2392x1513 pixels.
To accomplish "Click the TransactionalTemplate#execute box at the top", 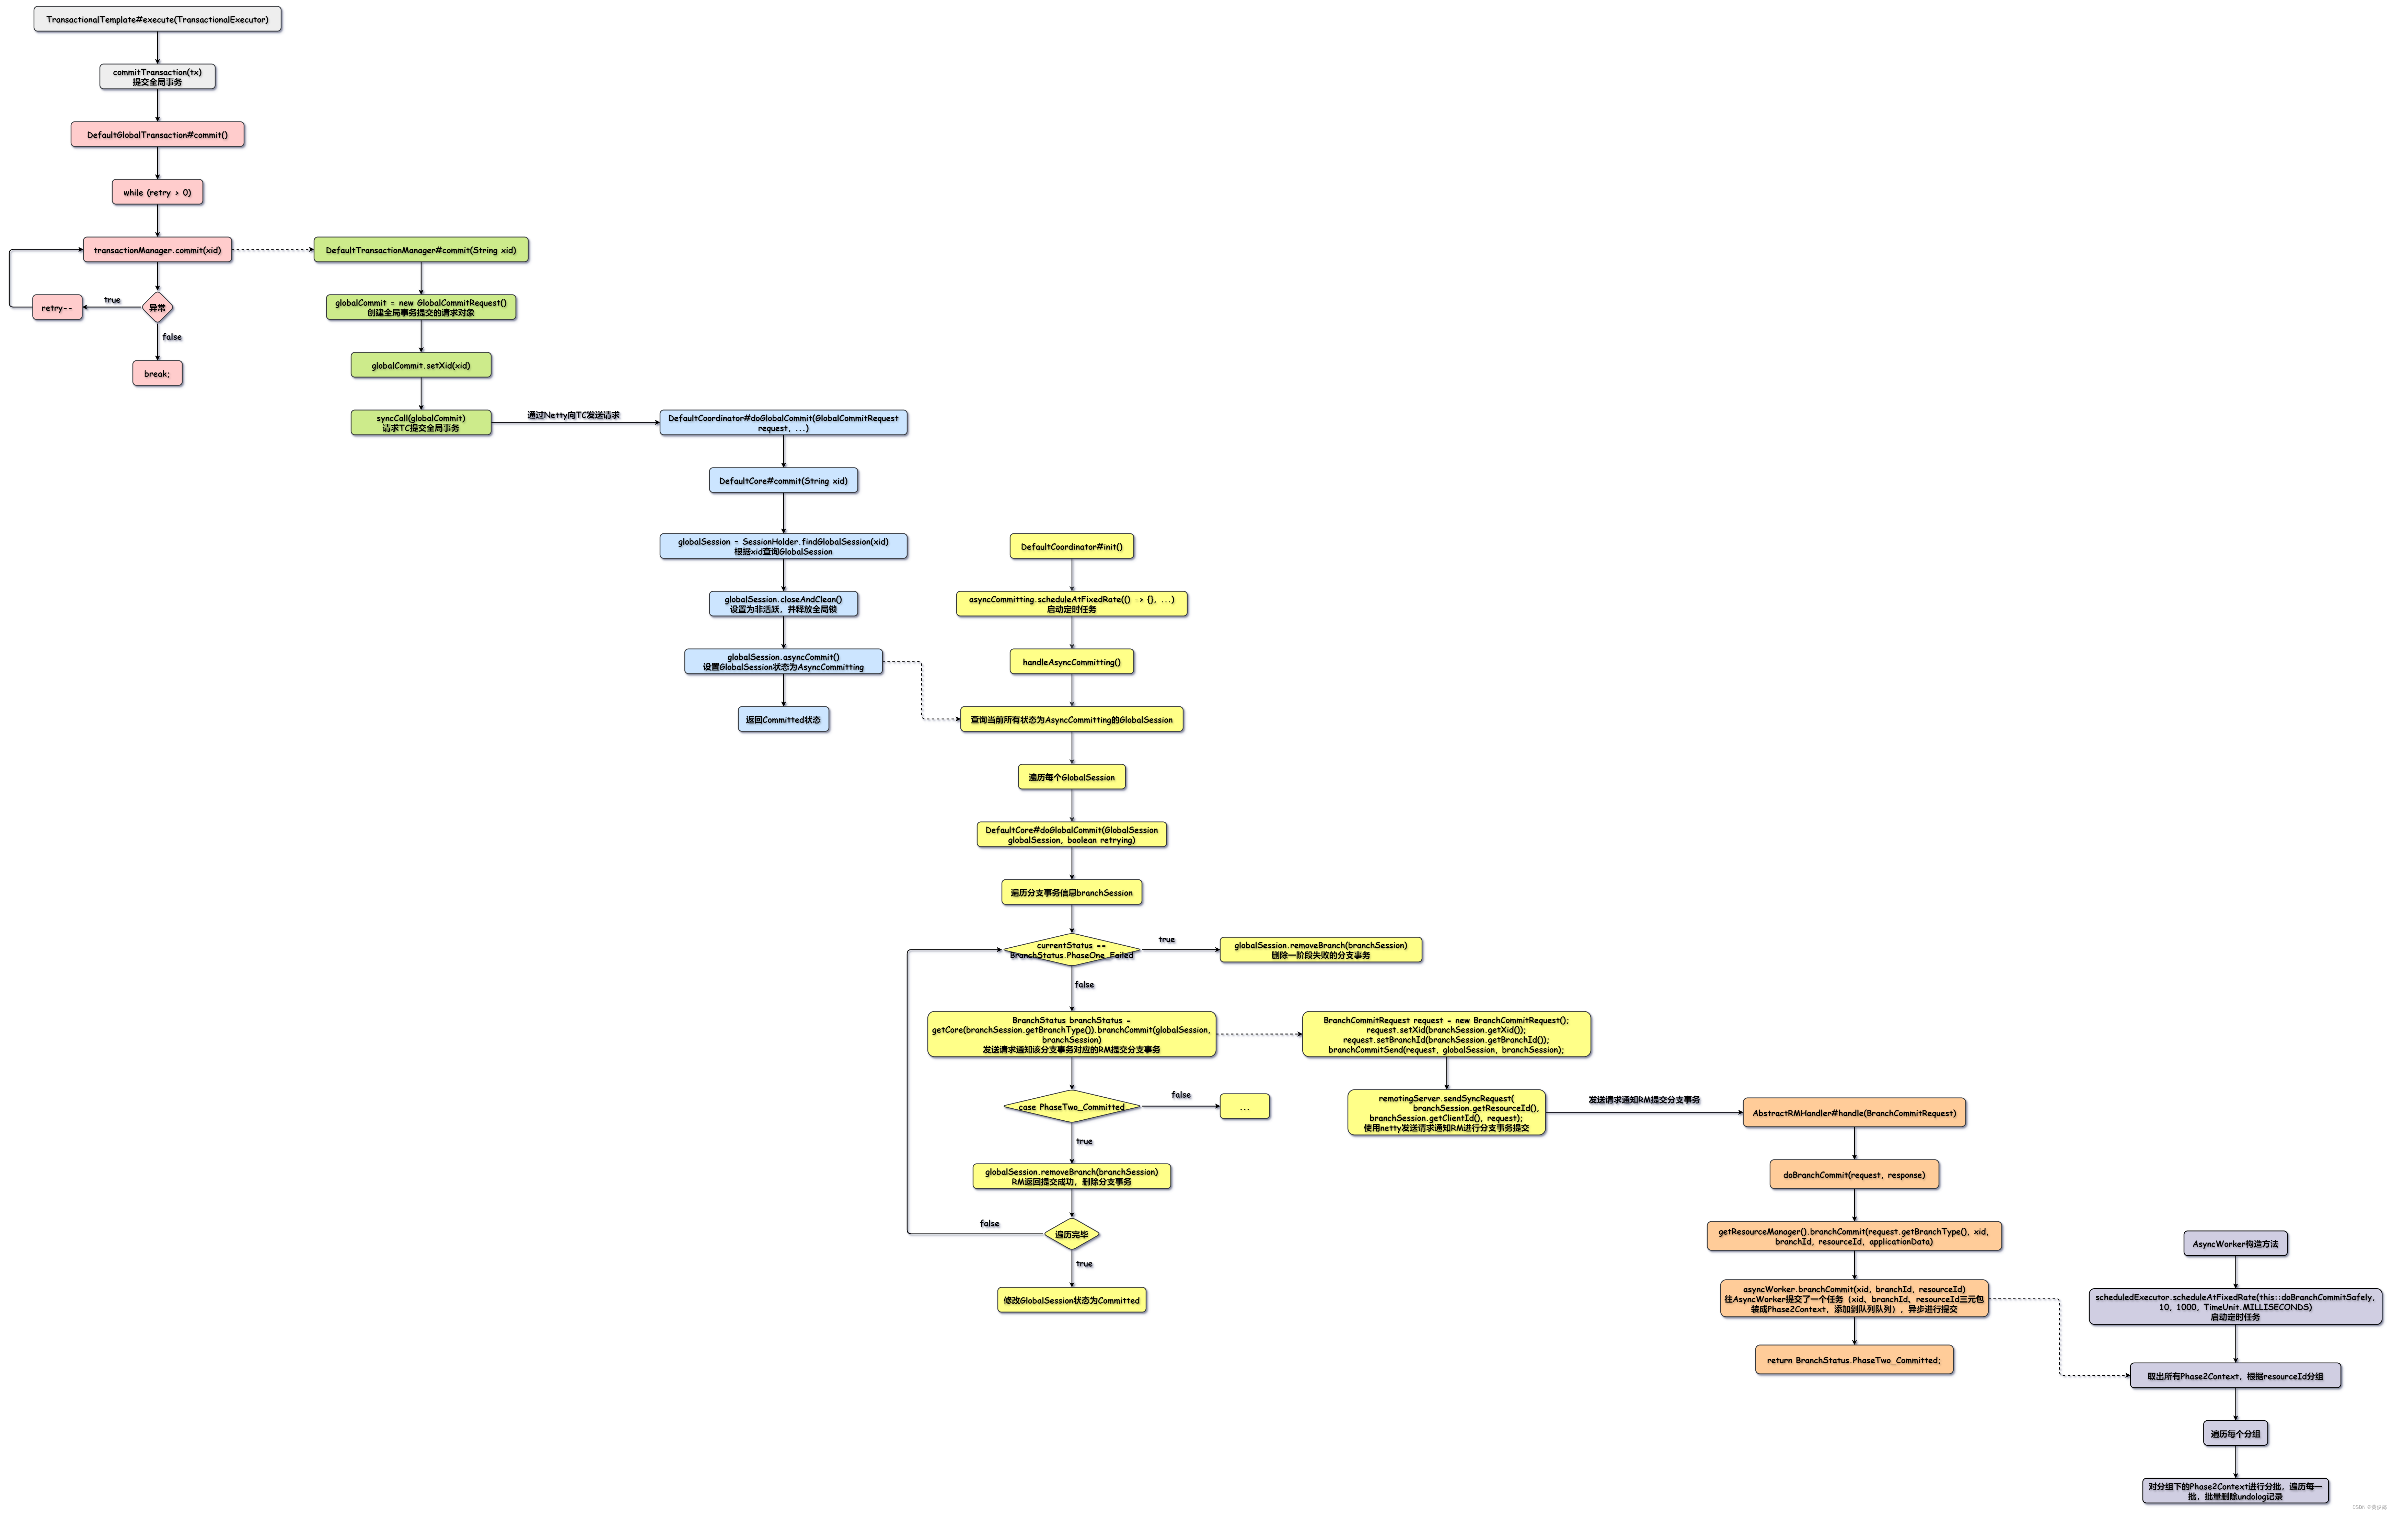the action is point(157,19).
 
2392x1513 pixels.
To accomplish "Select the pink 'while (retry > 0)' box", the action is point(157,192).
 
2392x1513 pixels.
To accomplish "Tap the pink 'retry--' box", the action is point(57,308).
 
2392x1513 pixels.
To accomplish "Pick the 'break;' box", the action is point(157,373).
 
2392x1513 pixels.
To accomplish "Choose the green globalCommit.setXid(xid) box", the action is point(420,366).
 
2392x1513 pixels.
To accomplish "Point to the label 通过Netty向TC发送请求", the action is point(573,415).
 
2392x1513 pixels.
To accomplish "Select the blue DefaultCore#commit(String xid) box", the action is point(783,481).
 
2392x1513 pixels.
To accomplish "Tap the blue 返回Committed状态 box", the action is point(783,719).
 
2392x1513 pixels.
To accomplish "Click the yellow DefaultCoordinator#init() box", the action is point(1071,546).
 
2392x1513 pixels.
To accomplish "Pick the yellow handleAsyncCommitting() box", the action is point(1071,662).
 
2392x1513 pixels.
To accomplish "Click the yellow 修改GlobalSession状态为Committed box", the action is point(1071,1301).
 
